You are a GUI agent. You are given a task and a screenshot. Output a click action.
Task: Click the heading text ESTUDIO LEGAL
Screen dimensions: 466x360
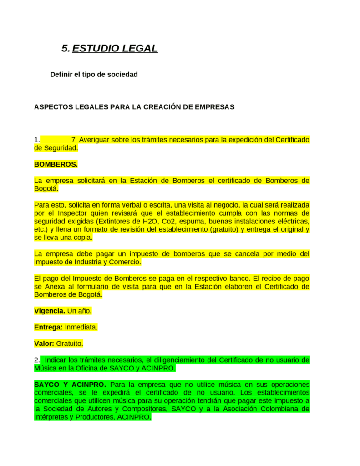tap(115, 48)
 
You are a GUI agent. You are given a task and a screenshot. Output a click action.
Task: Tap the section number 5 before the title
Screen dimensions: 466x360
tap(65, 48)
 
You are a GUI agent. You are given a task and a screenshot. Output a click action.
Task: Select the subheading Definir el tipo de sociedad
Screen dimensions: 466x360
tap(94, 74)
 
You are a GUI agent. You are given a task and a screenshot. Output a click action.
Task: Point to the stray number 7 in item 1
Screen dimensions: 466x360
tap(73, 140)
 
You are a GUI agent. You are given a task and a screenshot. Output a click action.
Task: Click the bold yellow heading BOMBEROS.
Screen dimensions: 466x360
tap(56, 164)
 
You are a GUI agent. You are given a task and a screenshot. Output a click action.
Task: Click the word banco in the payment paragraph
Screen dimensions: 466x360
tap(213, 278)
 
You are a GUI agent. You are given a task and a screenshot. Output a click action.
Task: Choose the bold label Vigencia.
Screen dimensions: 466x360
tap(50, 311)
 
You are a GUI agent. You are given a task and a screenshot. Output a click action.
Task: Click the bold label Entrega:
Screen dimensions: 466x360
tap(49, 327)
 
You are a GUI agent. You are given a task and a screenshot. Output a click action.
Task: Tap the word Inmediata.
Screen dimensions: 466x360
tap(81, 327)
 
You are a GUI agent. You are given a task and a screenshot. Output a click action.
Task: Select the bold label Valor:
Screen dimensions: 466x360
tap(44, 344)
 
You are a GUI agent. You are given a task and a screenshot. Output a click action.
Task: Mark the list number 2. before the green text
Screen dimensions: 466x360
tap(37, 360)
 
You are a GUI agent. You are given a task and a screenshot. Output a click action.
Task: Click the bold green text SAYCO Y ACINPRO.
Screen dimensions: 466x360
tap(70, 384)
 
